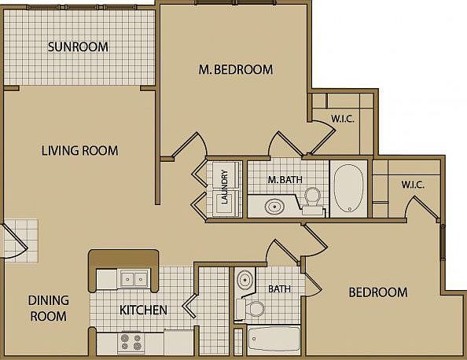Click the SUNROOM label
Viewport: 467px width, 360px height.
coord(78,47)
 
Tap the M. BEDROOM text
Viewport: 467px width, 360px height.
coord(236,69)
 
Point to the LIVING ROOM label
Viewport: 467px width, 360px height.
coord(79,150)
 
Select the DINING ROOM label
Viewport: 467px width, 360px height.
coord(49,308)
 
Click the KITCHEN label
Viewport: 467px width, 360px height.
coord(143,310)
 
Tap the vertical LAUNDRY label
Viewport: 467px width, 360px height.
coord(225,187)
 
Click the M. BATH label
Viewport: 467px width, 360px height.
coord(285,179)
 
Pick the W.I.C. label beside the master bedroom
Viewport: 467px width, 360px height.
coord(343,119)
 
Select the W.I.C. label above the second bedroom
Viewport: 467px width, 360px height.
coord(413,185)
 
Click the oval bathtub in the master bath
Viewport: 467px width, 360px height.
coord(349,188)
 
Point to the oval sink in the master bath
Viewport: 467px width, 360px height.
coord(274,207)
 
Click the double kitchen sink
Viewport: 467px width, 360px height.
coord(134,279)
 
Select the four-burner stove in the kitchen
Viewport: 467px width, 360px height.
coord(131,342)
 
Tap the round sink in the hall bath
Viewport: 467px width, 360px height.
coord(245,280)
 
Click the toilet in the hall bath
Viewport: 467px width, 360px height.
coord(251,308)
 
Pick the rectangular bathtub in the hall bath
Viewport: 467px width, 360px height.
coord(274,339)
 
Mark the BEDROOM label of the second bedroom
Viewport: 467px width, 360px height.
coord(378,292)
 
